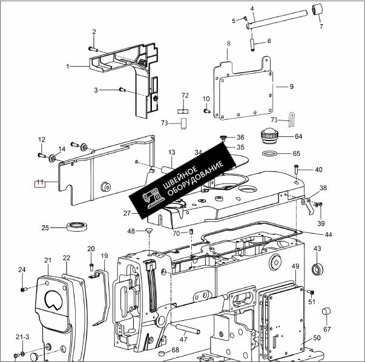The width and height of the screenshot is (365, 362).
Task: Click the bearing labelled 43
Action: coord(317,269)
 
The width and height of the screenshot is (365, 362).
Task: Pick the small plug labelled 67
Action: coord(327,311)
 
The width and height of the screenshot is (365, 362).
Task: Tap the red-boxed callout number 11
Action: coord(39,183)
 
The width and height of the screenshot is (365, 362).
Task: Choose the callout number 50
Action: coord(317,338)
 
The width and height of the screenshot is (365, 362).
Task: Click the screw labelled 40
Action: coord(297,169)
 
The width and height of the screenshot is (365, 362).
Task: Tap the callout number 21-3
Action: coord(22,337)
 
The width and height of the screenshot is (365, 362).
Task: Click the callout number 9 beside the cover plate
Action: coord(291,87)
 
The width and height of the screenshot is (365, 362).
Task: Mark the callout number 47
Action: coord(183,340)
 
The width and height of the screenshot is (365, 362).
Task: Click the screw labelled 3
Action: coord(121,90)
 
